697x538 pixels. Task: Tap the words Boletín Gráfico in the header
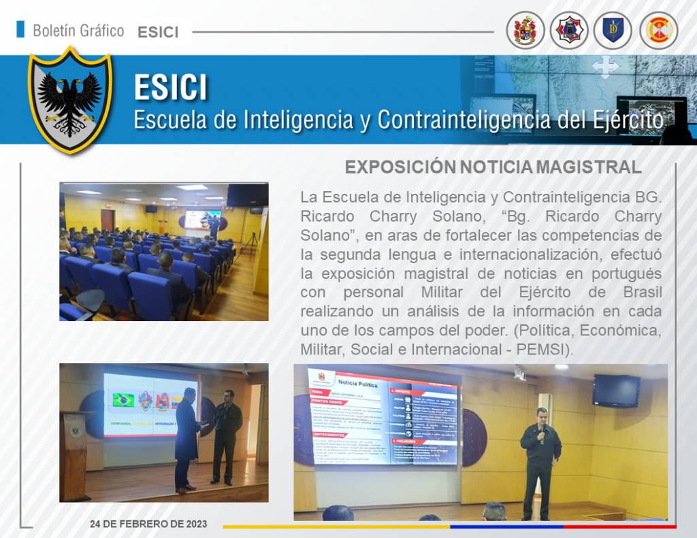78,31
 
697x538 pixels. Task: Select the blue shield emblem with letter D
613,31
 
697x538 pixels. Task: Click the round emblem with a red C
658,31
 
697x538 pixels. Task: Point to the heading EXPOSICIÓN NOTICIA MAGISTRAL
493,167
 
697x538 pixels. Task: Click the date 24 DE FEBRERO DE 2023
148,524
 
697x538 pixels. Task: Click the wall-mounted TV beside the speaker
615,391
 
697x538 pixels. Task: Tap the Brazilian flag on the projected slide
123,400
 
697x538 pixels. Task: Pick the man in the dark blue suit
187,435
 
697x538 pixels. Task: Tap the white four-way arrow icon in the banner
605,67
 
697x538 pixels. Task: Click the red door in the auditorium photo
108,220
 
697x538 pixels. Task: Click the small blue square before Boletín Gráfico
20,29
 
